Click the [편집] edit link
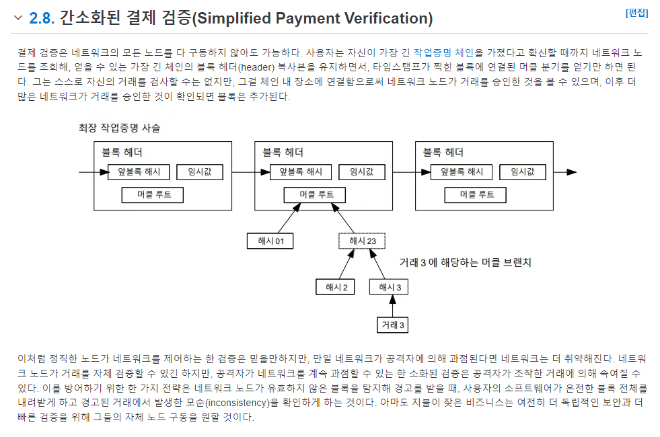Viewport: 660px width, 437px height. [636, 13]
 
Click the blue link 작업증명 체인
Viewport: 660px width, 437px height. [443, 52]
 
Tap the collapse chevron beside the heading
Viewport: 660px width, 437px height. [18, 17]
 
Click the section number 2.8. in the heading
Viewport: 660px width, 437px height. [42, 18]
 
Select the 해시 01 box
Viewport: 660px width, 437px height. [270, 241]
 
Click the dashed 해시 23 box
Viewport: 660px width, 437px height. [362, 241]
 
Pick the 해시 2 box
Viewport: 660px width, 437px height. [336, 287]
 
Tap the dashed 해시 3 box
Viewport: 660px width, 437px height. [389, 287]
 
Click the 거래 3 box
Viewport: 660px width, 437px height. [392, 325]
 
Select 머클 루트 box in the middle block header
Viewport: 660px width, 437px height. [315, 195]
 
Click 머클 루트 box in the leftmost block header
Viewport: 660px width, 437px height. [153, 195]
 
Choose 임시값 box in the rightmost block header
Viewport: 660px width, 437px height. [523, 171]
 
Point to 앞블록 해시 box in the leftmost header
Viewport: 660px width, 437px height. [139, 171]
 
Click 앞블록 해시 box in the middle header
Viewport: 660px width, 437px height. [301, 171]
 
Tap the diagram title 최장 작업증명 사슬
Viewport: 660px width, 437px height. [120, 128]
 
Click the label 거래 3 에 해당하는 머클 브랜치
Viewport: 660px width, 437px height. [465, 262]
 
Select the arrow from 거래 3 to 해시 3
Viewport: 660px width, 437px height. [393, 306]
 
